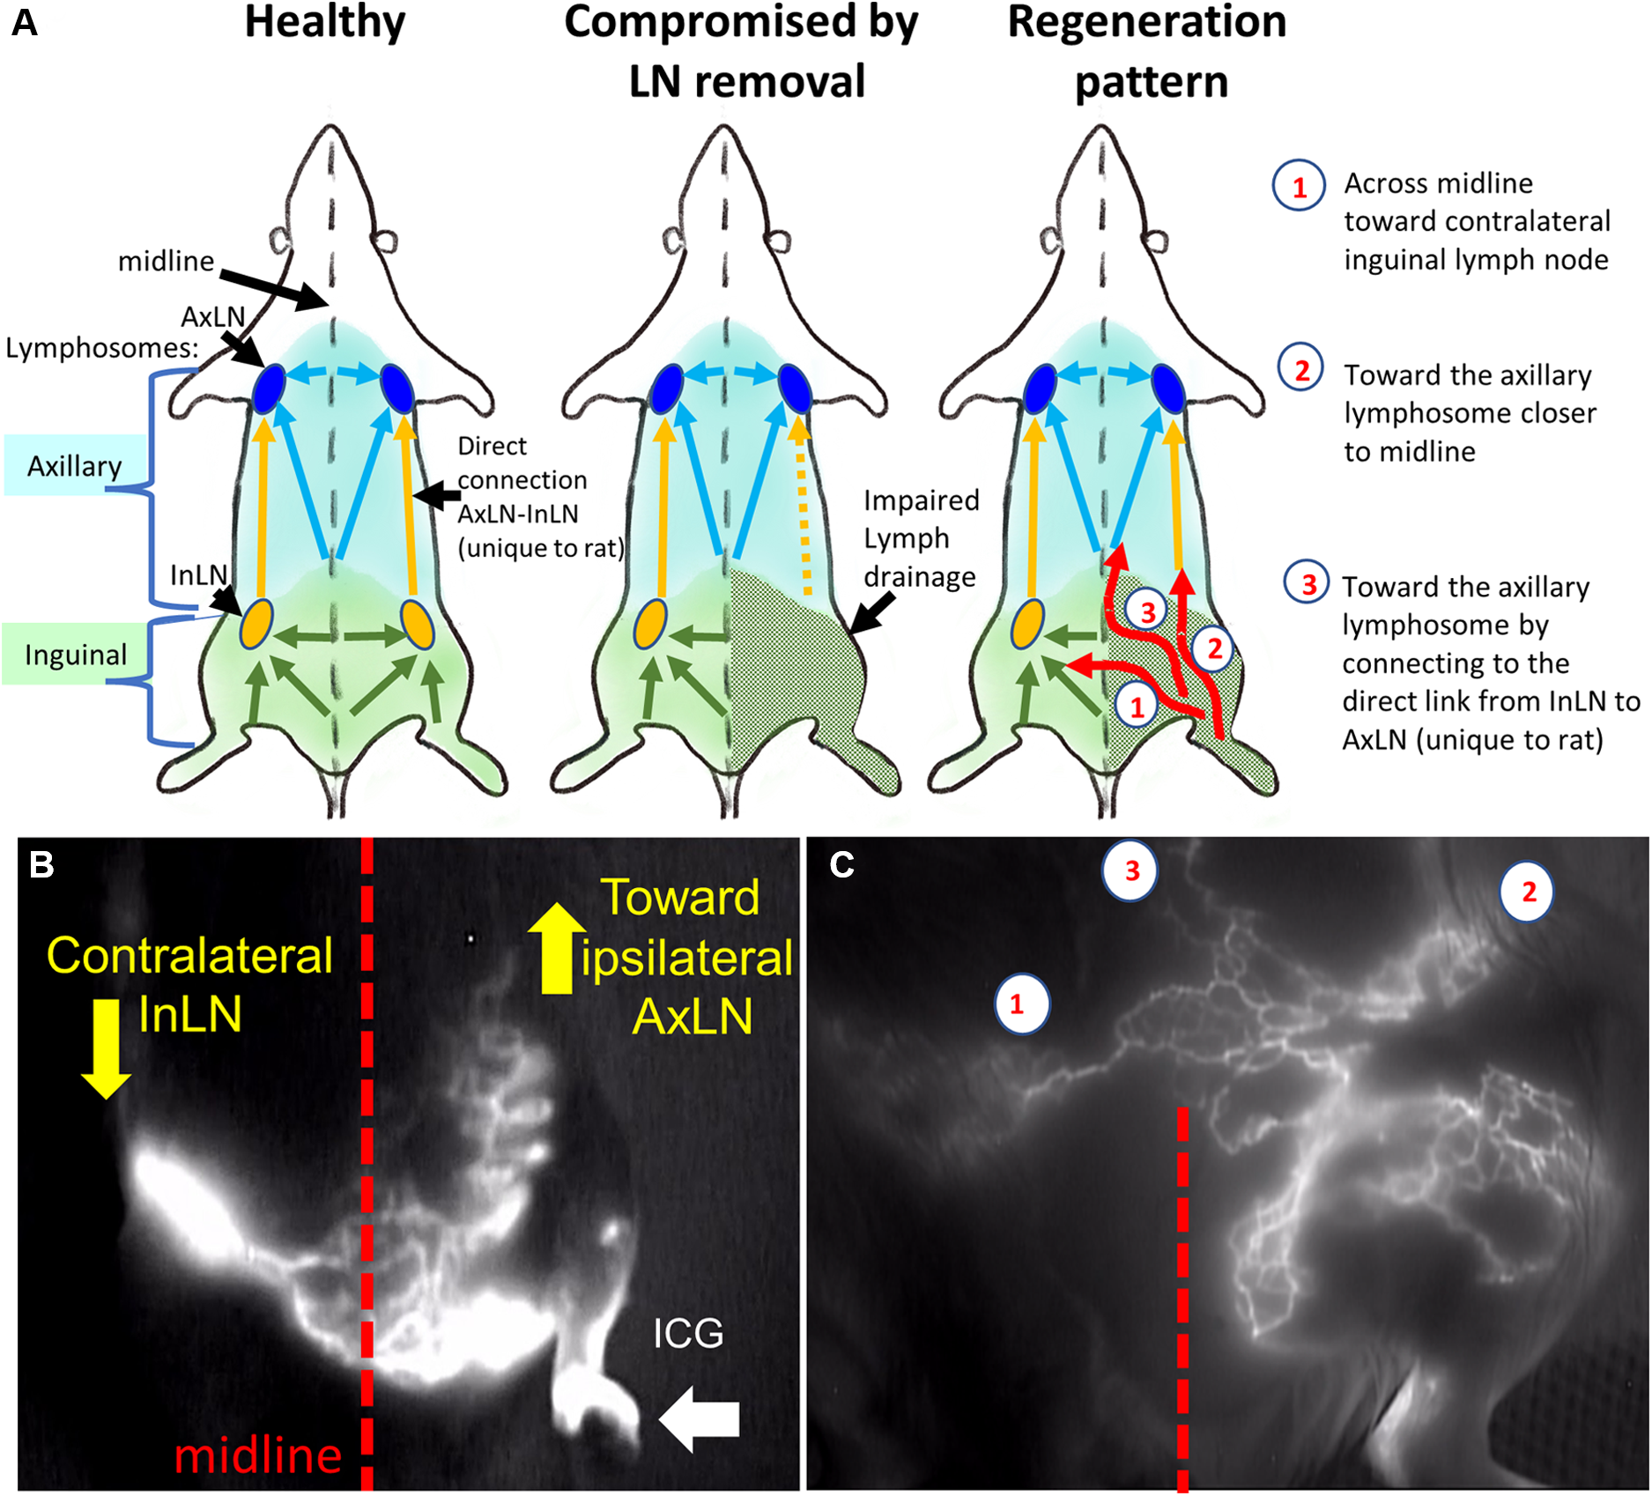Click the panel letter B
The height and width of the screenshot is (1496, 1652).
tap(42, 864)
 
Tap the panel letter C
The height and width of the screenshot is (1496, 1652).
tap(841, 865)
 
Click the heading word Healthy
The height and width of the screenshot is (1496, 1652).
tap(325, 24)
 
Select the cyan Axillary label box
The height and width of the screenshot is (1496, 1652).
tap(75, 465)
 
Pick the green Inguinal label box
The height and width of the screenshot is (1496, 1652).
tap(75, 655)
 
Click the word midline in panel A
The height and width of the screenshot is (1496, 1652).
tap(166, 261)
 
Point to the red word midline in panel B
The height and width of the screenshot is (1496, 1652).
tap(257, 1455)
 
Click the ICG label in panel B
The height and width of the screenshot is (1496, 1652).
tap(688, 1334)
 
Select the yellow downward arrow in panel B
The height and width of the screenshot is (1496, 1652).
tap(107, 1048)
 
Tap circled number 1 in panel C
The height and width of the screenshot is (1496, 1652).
tap(1021, 1004)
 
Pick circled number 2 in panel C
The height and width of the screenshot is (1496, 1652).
tap(1527, 892)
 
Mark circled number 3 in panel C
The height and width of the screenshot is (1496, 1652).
tap(1131, 871)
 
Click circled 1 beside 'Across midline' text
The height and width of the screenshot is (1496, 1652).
tap(1299, 186)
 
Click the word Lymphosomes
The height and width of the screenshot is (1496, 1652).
tap(101, 348)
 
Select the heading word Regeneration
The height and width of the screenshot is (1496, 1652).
tap(1146, 24)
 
